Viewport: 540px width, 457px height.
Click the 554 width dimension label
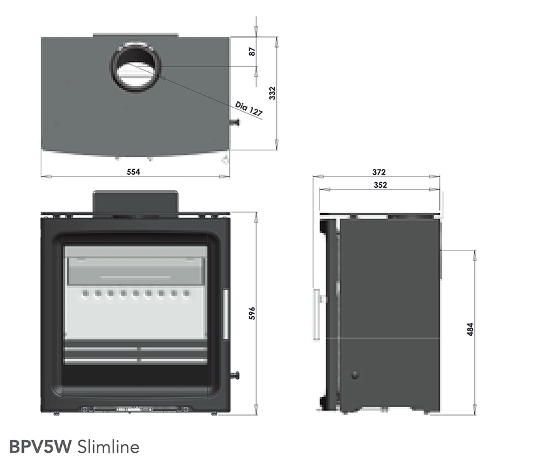[x=133, y=172]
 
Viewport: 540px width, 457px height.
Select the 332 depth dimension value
[x=272, y=93]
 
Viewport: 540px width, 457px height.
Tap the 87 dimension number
[x=252, y=53]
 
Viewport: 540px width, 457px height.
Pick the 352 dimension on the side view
[x=378, y=185]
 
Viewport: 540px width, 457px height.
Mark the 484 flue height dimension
[x=470, y=330]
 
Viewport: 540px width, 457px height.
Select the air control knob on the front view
[x=237, y=376]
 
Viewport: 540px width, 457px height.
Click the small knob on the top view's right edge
[x=236, y=123]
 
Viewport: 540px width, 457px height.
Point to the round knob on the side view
[x=355, y=376]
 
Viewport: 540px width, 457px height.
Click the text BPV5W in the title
[x=39, y=446]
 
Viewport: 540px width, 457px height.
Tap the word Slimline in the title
[x=108, y=446]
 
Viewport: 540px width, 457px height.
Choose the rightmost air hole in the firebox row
[x=186, y=292]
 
